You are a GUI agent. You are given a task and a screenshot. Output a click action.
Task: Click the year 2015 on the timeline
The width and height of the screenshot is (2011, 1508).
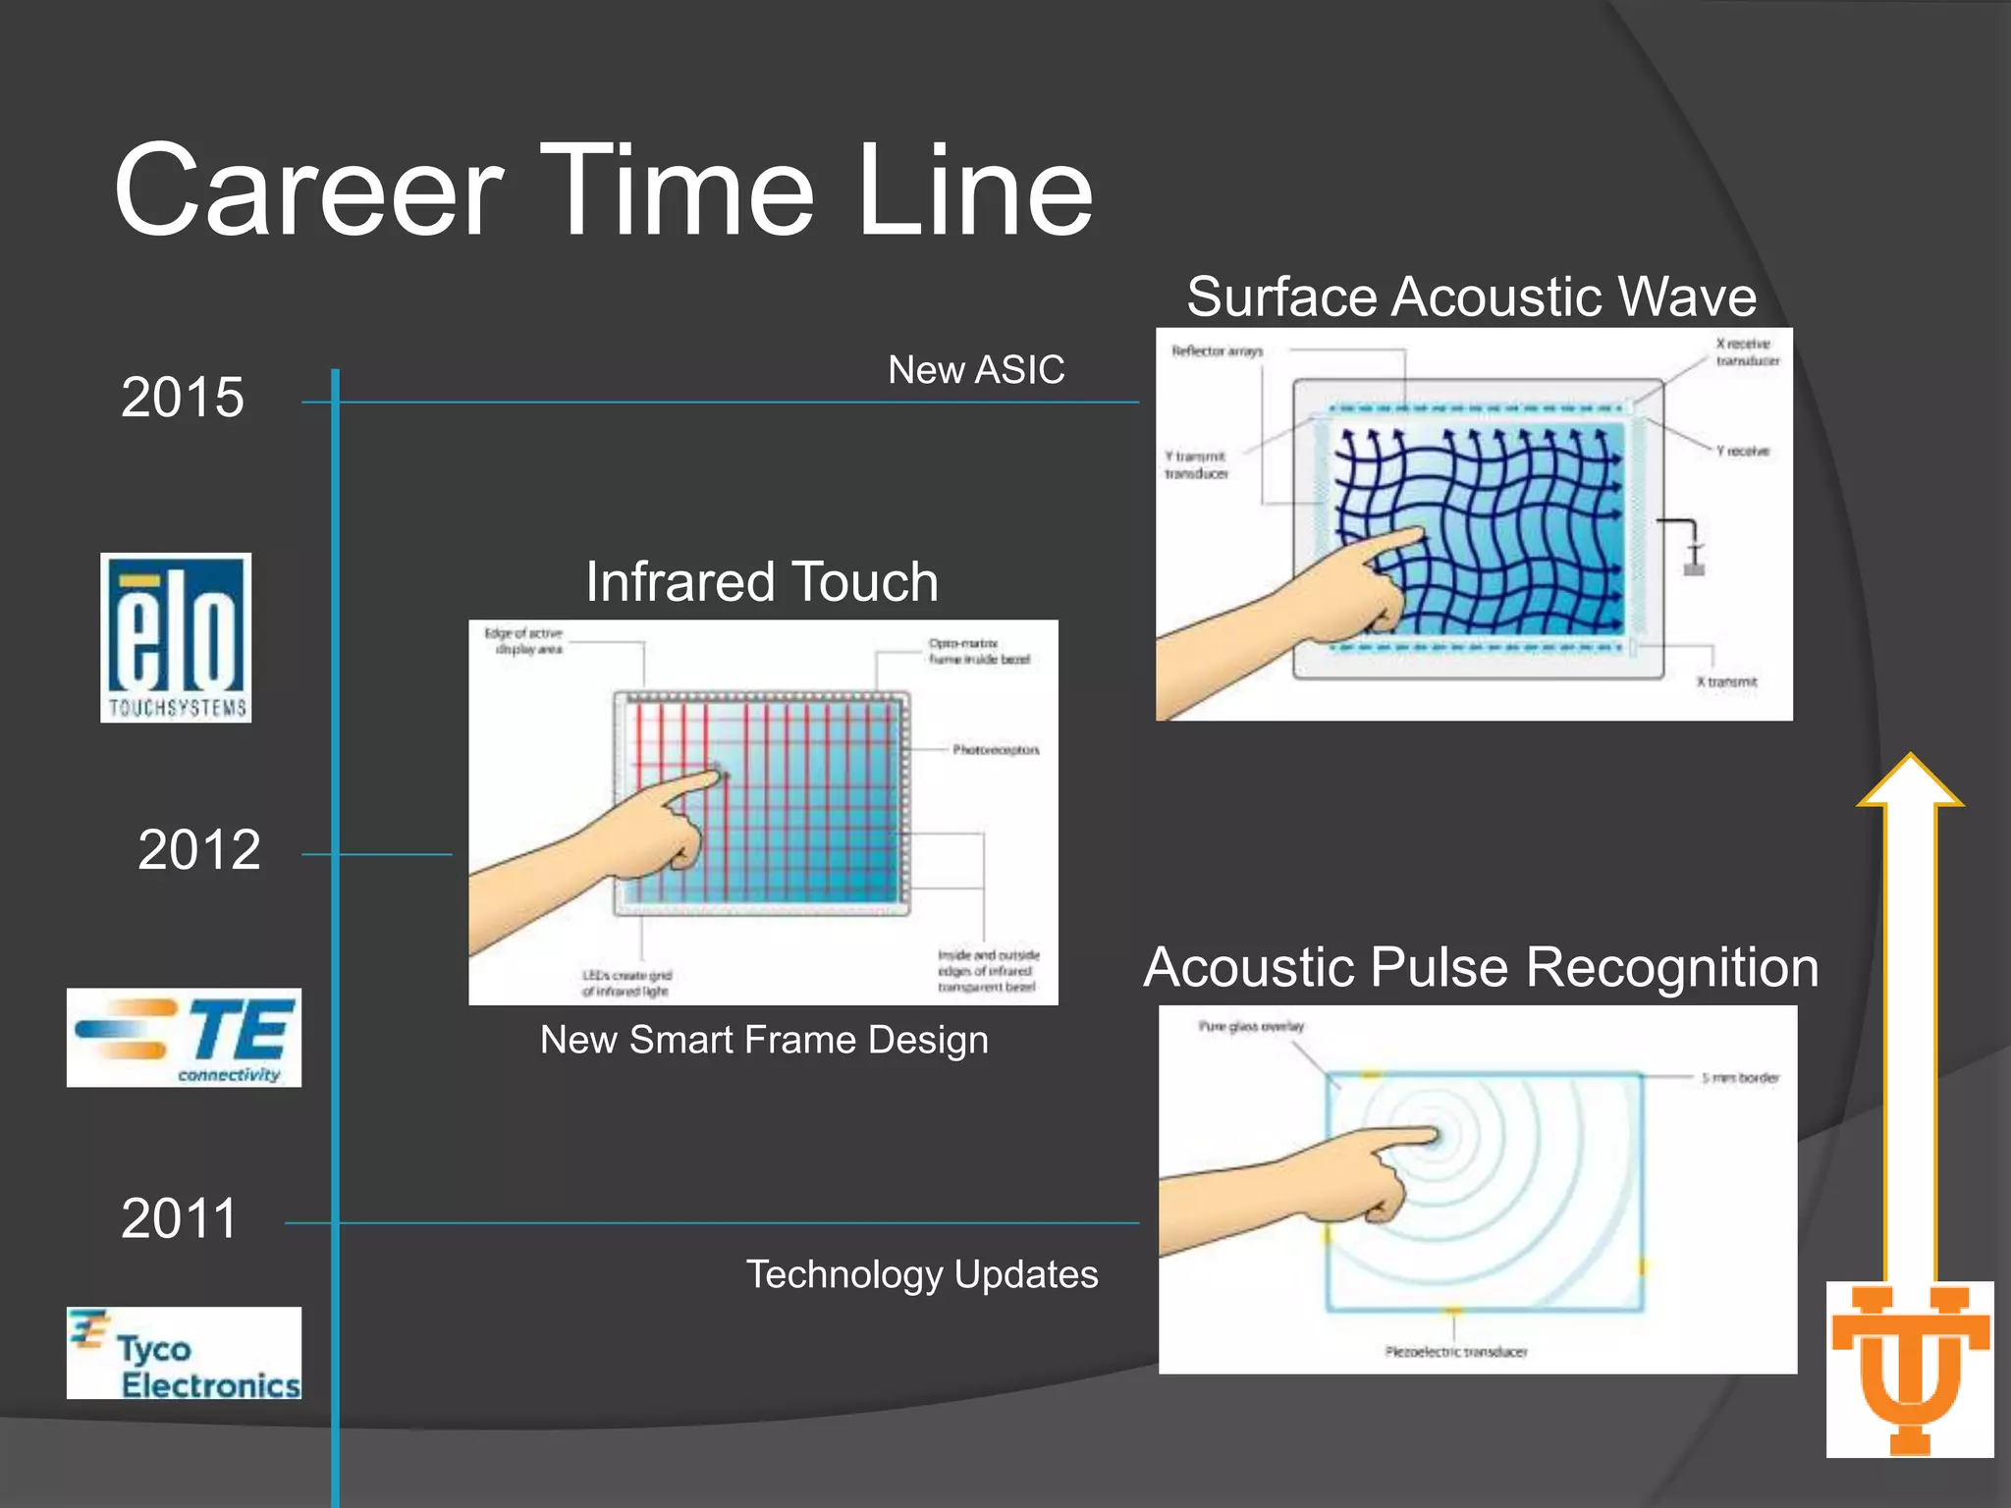[183, 398]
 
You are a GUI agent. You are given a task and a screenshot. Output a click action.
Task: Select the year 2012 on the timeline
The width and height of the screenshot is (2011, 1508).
[199, 849]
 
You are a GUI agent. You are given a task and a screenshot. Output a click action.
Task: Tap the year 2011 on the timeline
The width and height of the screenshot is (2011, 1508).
[180, 1218]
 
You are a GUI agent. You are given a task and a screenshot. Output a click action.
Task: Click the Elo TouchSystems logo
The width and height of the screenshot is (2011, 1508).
[176, 638]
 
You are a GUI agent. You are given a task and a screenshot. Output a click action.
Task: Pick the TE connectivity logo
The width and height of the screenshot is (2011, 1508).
[184, 1038]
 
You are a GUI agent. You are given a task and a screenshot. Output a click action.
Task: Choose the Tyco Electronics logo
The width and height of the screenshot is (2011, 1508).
[184, 1353]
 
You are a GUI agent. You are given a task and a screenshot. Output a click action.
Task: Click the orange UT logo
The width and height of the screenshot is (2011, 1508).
[1910, 1369]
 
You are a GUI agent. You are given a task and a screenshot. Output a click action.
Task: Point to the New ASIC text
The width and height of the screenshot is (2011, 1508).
[976, 370]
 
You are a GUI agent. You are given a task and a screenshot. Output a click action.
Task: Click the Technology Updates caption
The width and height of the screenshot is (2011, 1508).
[922, 1274]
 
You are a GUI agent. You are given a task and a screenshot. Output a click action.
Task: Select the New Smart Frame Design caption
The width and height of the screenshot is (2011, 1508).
[764, 1040]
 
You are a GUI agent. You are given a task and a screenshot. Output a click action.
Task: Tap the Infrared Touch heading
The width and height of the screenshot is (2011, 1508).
[762, 581]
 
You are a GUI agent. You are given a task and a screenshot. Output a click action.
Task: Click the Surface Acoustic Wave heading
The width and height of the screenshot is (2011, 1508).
[1472, 296]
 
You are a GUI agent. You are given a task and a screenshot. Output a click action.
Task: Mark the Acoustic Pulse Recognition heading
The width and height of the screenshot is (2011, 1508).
[1481, 967]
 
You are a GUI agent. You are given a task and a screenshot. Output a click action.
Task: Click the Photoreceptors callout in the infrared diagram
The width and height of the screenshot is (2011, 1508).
[995, 750]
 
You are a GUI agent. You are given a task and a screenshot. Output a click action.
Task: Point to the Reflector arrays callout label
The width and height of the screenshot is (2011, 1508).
[1217, 350]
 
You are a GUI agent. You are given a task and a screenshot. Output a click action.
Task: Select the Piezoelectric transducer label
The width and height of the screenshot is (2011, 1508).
[1456, 1352]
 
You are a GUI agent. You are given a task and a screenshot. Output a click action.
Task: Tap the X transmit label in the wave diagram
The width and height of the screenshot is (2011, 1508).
[1726, 681]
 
